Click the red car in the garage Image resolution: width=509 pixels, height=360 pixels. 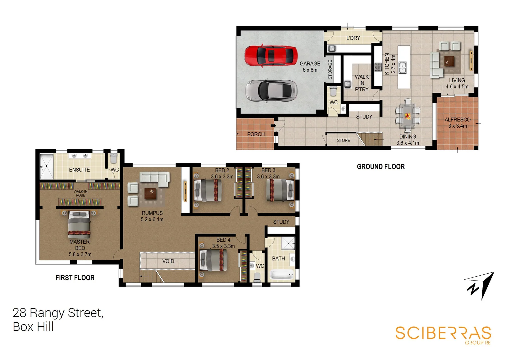point(271,55)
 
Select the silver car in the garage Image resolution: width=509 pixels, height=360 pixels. point(271,90)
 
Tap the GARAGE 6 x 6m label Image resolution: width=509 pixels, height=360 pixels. point(310,67)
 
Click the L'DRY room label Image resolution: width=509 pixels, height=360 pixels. point(353,38)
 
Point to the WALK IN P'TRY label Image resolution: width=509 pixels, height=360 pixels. point(361,83)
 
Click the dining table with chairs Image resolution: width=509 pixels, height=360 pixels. point(407,116)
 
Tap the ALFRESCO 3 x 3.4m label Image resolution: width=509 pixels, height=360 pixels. point(457,123)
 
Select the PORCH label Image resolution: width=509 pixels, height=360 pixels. point(256,134)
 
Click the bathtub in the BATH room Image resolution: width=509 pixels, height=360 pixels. point(281,275)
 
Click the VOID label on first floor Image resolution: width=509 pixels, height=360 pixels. point(168,261)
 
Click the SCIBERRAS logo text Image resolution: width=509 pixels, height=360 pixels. point(443,333)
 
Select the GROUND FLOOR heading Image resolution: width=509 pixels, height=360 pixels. point(381,167)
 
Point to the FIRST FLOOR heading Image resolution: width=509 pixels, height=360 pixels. point(75,278)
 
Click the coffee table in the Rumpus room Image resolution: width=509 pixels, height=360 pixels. point(150,193)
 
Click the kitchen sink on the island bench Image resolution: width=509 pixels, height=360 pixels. point(402,68)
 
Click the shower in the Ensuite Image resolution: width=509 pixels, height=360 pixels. point(46,167)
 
